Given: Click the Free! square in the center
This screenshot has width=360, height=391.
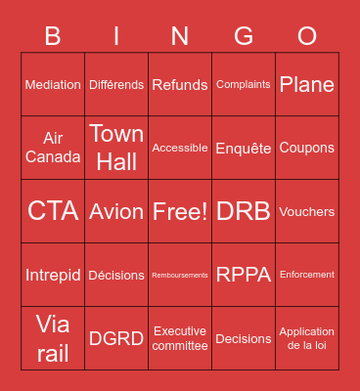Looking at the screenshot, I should [x=180, y=211].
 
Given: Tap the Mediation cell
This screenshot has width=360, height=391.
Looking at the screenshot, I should [x=53, y=85].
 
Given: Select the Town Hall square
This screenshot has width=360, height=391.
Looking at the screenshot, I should [x=116, y=148].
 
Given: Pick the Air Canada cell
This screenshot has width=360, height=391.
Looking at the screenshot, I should [x=53, y=148].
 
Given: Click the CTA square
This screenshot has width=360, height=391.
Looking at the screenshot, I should [x=53, y=211].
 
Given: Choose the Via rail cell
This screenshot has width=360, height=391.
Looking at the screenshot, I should [x=53, y=338].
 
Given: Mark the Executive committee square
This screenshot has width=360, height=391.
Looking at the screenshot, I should [x=180, y=338].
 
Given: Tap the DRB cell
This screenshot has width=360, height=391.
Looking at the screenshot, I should [x=244, y=211].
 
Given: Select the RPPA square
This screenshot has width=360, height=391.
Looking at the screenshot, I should [x=244, y=275].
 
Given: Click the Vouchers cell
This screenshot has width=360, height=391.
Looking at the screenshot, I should [x=307, y=211].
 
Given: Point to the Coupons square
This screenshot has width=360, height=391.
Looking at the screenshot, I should [x=307, y=148].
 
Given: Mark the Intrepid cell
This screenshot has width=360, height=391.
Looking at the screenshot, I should [x=53, y=275].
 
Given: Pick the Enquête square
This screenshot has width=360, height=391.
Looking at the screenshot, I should [x=244, y=148].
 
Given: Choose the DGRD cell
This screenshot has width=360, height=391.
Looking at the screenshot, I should [x=116, y=338].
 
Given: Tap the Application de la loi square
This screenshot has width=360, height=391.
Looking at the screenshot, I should [x=307, y=338].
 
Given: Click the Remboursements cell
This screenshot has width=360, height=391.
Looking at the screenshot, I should [x=180, y=275].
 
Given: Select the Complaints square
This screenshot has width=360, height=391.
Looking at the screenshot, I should [x=244, y=85].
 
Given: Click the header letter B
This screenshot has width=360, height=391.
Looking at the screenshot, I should [x=53, y=36].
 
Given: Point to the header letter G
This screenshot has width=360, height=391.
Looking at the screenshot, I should [x=244, y=36].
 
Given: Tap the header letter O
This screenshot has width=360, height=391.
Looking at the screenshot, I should [x=307, y=36].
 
